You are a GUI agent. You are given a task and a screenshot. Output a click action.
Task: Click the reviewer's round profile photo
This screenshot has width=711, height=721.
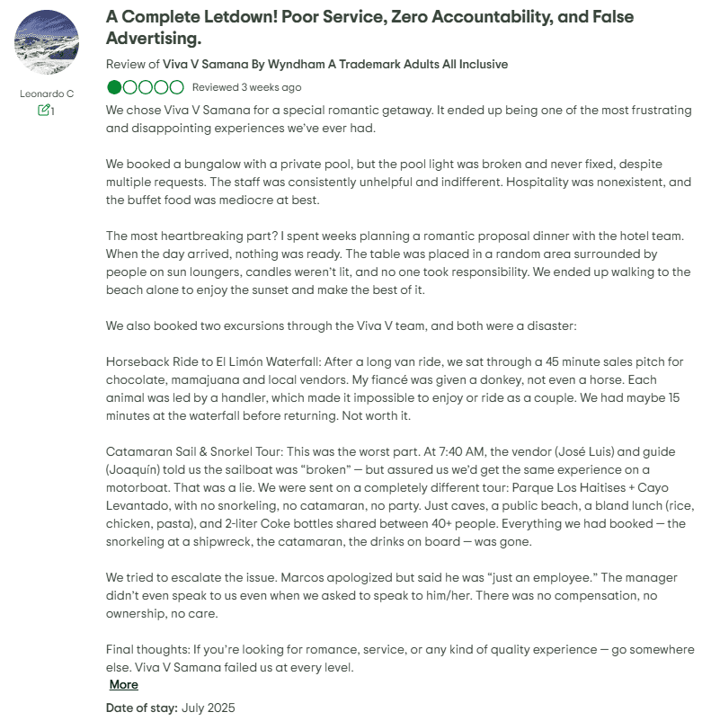(47, 42)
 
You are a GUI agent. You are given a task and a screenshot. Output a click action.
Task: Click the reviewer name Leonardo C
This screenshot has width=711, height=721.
(47, 93)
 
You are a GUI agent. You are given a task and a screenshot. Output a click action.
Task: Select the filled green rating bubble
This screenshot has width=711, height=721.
(114, 87)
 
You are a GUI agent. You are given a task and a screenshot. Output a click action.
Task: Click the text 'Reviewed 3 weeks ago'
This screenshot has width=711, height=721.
(246, 87)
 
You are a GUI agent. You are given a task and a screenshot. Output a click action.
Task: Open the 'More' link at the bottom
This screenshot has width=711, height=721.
(123, 684)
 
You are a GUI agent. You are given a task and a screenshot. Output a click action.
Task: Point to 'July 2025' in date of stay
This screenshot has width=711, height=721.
(208, 708)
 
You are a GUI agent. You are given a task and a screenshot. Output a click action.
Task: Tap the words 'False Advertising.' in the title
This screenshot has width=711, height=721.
(153, 39)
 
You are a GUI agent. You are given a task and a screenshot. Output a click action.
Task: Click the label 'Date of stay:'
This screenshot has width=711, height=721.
(141, 708)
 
